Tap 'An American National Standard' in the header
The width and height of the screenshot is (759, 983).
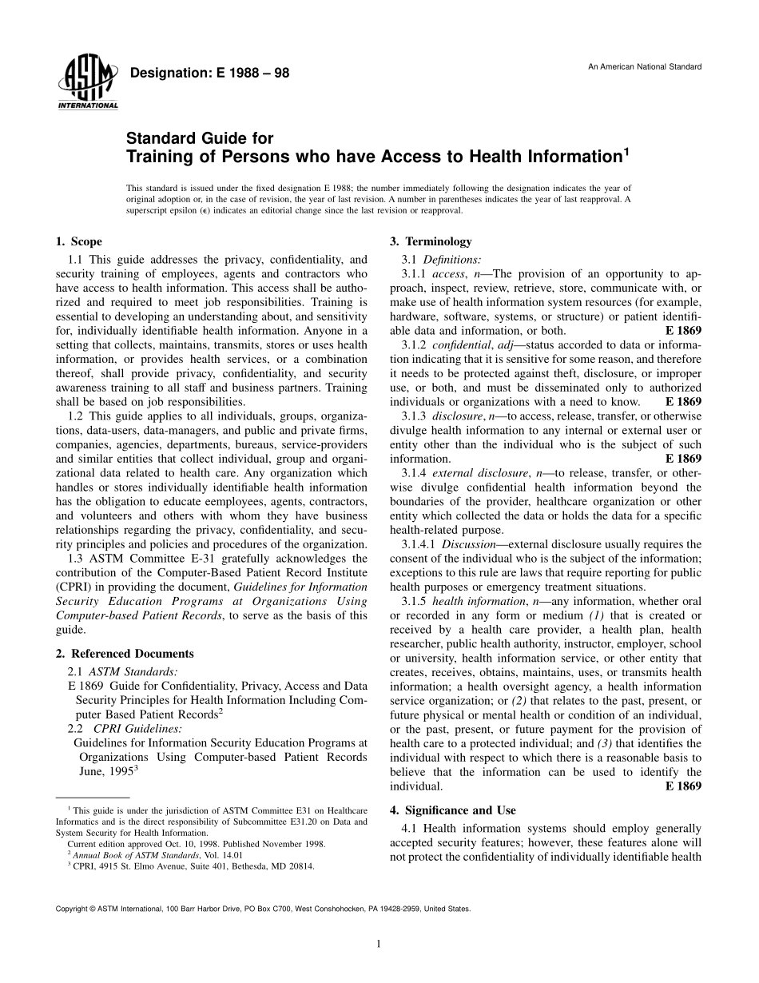coord(645,66)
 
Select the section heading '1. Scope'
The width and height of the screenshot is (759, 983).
coord(79,242)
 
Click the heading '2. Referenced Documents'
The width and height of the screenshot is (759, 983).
coord(125,654)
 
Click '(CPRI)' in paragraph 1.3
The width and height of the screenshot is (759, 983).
coord(76,587)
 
